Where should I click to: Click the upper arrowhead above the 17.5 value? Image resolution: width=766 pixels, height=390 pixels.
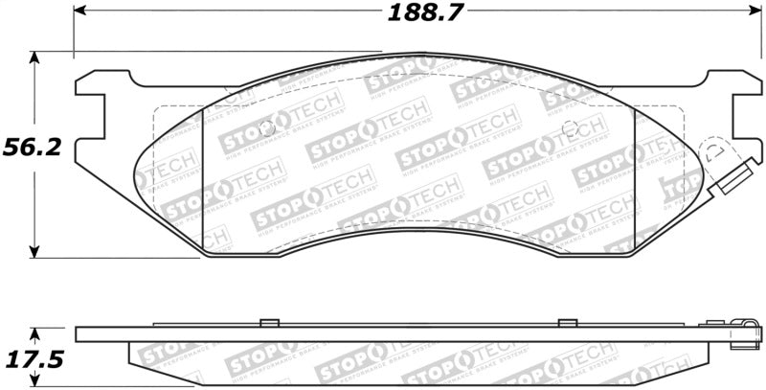[35, 333]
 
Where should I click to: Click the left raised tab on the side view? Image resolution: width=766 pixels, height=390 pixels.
[269, 321]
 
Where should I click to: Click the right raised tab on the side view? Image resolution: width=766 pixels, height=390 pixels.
[567, 321]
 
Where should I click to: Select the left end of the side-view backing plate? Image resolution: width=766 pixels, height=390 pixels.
[79, 333]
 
